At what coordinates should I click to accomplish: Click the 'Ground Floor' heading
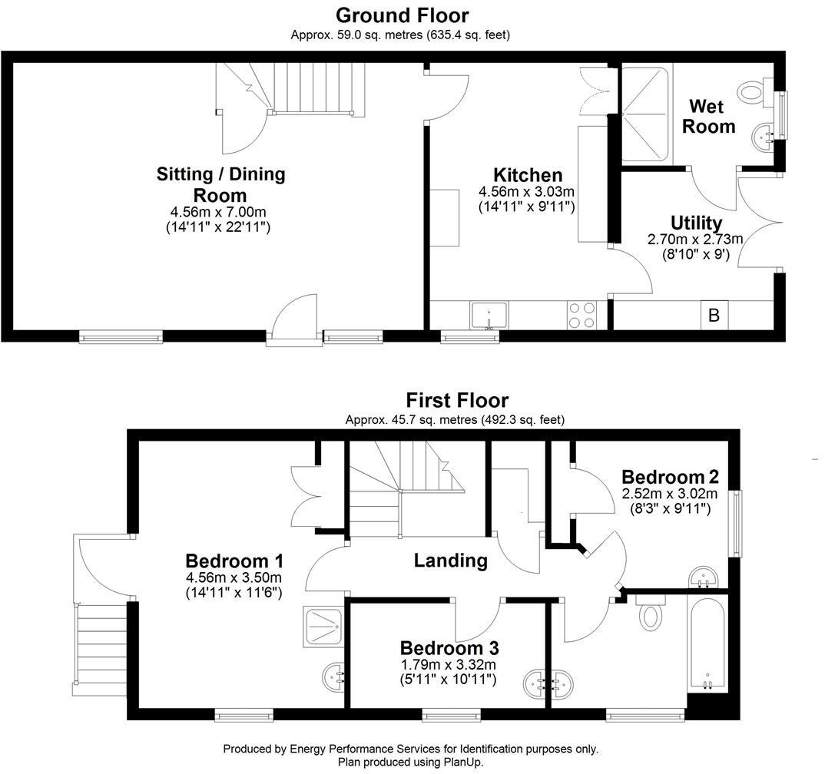402,15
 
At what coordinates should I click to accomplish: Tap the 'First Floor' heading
457,400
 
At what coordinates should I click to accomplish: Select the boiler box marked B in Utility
714,315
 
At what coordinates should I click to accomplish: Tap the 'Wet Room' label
709,116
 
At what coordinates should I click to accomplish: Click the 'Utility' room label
696,223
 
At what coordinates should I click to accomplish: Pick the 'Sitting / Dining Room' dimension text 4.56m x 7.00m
220,212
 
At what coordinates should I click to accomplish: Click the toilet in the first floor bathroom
651,615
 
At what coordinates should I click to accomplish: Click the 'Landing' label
450,561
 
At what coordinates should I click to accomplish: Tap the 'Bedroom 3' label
448,647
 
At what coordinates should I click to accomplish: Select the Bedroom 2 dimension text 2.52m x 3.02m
669,494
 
